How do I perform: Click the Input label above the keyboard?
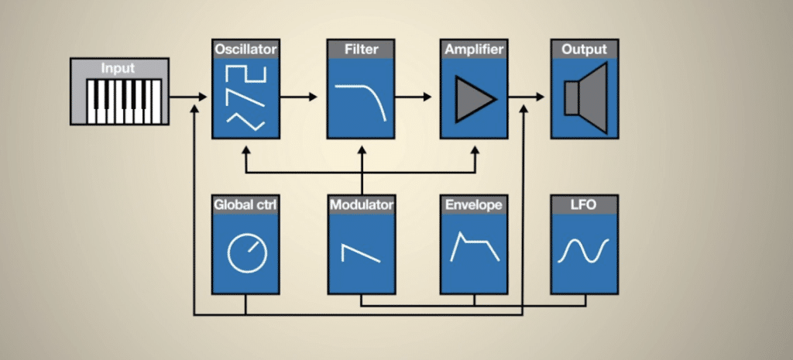pyautogui.click(x=118, y=69)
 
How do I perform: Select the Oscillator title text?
pyautogui.click(x=244, y=50)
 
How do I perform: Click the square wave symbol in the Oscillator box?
pyautogui.click(x=245, y=77)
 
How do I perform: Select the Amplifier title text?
pyautogui.click(x=474, y=50)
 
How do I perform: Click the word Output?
pyautogui.click(x=585, y=50)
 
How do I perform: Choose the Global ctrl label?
pyautogui.click(x=245, y=205)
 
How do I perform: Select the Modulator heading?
pyautogui.click(x=361, y=205)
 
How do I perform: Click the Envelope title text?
pyautogui.click(x=474, y=205)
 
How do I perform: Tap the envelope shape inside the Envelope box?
pyautogui.click(x=474, y=248)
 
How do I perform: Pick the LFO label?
pyautogui.click(x=585, y=205)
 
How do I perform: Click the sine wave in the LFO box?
pyautogui.click(x=585, y=250)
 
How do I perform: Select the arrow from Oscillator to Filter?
pyautogui.click(x=297, y=97)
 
